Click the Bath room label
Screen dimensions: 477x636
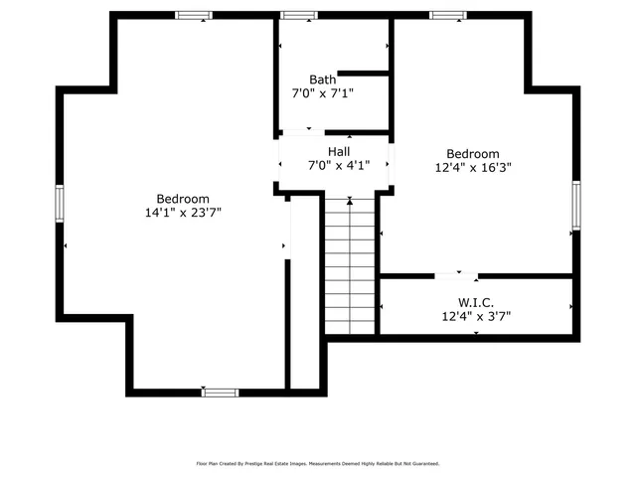coord(322,79)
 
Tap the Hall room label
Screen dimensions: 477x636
coord(339,151)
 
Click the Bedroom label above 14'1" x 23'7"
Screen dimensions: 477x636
coord(183,199)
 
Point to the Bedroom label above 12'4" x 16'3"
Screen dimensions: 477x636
coord(472,154)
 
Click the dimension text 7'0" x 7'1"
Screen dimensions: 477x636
coord(322,92)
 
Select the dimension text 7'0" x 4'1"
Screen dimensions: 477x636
coord(339,165)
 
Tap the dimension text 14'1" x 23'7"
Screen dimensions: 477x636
coord(183,212)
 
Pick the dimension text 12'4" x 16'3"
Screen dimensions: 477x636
coord(472,168)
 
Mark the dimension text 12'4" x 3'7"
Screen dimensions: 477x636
coord(477,317)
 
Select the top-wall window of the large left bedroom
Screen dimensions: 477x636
coord(194,15)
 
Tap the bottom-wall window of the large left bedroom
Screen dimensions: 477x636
coord(220,393)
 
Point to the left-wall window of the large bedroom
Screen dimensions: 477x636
coord(60,204)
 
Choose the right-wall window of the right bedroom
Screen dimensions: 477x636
coord(575,207)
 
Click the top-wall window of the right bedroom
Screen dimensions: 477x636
coord(447,15)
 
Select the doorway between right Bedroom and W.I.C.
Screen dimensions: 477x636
coord(458,275)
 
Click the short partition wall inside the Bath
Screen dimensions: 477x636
coord(363,73)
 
